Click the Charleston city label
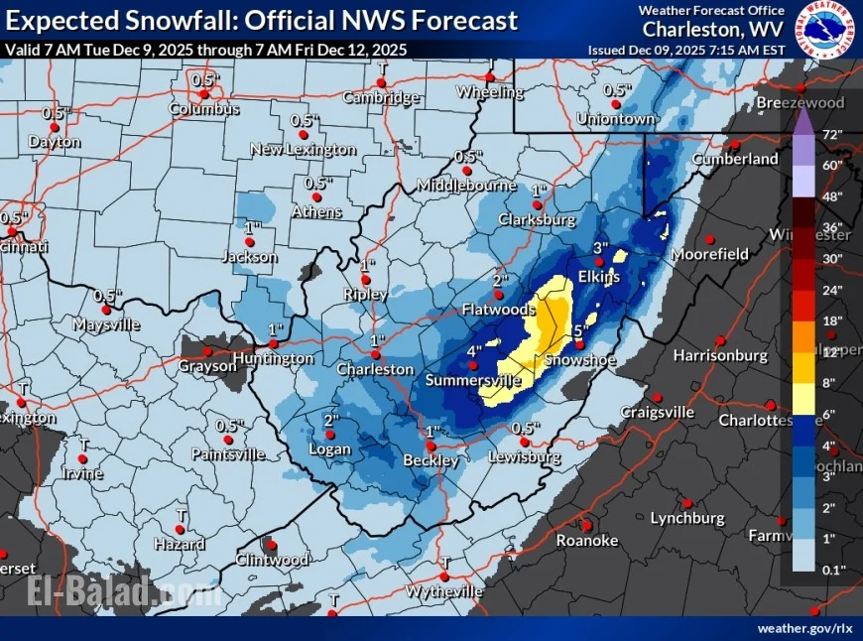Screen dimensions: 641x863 [x=375, y=369]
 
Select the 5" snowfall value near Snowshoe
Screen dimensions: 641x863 [x=581, y=330]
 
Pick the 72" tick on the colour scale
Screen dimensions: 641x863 [x=831, y=134]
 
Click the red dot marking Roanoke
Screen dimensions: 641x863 [x=586, y=526]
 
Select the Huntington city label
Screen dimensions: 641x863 [x=274, y=358]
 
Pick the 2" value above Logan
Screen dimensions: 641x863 [x=331, y=420]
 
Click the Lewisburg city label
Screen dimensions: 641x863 [x=525, y=457]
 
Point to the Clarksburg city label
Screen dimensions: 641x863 [x=537, y=218]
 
